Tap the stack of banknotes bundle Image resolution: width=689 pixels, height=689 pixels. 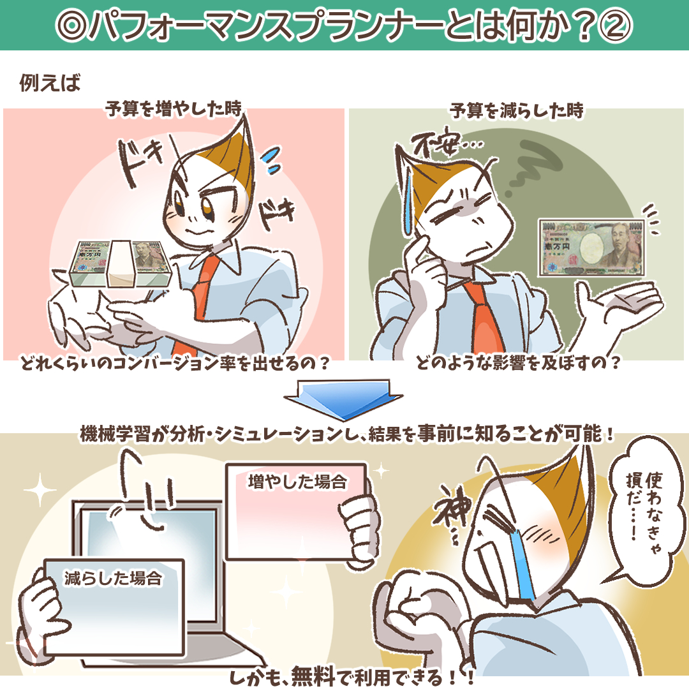(119, 264)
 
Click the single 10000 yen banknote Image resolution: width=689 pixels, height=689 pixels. (591, 248)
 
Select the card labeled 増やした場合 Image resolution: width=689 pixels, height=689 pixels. (296, 512)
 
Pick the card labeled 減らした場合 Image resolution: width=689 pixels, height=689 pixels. (114, 608)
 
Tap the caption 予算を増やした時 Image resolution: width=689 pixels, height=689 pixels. (174, 108)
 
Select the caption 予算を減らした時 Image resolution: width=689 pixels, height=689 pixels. (517, 110)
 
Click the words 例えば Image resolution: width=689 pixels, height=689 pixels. (50, 82)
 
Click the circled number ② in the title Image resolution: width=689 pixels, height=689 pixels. (616, 26)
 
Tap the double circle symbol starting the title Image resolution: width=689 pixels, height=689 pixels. (73, 26)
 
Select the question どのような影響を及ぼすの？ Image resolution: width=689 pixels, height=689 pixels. (519, 363)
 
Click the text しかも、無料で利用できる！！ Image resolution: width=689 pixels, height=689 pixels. (352, 677)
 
